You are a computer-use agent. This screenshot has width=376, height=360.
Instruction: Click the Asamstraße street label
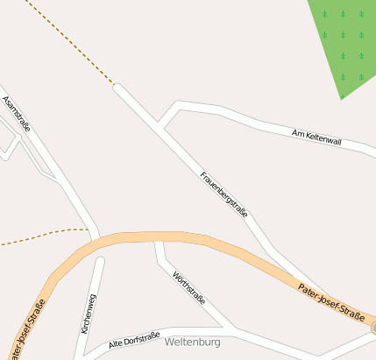[17, 114]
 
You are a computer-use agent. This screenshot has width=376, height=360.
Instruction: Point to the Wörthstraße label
[188, 288]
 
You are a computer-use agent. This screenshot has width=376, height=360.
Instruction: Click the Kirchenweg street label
[88, 314]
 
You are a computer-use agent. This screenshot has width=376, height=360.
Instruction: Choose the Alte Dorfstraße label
[134, 341]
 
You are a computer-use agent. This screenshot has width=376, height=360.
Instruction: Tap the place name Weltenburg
[192, 342]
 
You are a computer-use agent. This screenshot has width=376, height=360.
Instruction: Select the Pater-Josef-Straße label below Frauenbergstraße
[330, 302]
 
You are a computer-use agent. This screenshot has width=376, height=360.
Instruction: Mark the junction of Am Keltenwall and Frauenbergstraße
[160, 124]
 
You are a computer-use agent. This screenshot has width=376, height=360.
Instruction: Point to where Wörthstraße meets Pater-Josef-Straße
[158, 239]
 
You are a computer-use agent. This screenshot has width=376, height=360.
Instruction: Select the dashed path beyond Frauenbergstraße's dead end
[70, 44]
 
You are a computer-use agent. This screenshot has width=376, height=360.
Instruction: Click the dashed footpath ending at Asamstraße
[44, 235]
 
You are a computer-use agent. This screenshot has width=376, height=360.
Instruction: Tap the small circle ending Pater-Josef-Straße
[372, 328]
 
